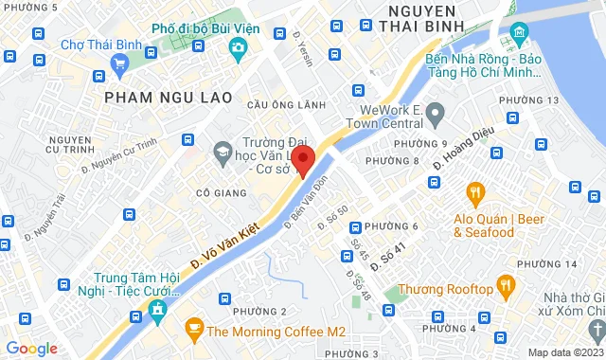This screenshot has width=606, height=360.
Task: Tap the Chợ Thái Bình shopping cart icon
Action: [x=118, y=64]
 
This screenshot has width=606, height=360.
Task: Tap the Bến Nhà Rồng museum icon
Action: [x=519, y=35]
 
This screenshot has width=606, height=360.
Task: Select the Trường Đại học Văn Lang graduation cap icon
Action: [x=222, y=150]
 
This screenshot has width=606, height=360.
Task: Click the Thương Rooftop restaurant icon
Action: [x=507, y=285]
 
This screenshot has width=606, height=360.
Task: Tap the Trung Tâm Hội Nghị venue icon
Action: [x=156, y=310]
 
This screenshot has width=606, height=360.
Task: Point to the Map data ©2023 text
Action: [x=564, y=352]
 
